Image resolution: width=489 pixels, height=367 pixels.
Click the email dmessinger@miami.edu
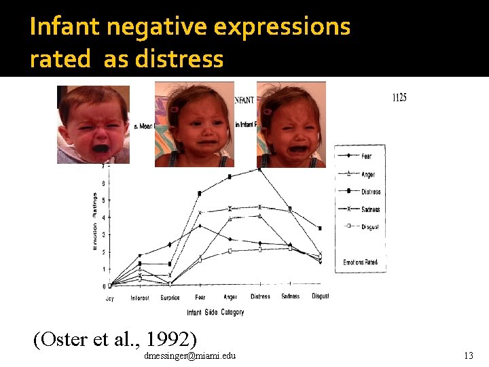190,356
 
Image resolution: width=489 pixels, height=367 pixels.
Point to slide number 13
468,355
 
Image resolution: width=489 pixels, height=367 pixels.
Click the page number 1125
399,98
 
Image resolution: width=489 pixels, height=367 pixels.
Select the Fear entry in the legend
366,156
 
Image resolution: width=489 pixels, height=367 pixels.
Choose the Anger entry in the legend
367,175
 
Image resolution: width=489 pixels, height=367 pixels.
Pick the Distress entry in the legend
370,192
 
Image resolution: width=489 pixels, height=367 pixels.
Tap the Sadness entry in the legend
371,209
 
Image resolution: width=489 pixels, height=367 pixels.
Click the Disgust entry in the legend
369,227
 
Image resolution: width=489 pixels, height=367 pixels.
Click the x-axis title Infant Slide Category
215,313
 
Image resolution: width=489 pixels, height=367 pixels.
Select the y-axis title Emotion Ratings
95,222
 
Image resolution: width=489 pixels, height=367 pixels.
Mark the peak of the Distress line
259,169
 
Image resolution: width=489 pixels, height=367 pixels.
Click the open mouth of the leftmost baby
100,147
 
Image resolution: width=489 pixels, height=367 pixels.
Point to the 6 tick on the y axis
103,183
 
